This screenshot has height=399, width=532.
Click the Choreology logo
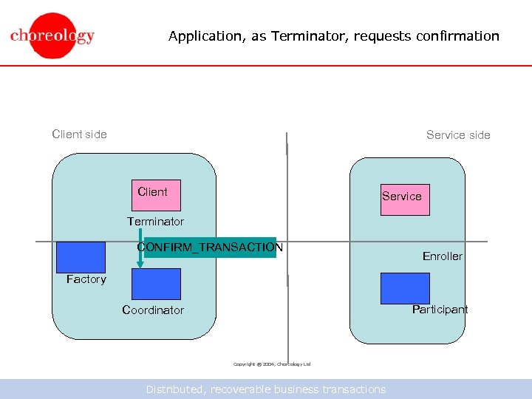(x=52, y=35)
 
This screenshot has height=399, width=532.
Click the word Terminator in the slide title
(x=304, y=36)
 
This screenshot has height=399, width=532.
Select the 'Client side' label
(x=79, y=134)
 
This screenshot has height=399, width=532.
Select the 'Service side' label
(x=458, y=135)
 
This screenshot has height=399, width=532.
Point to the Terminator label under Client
(x=155, y=222)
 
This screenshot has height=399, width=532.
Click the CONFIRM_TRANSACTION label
(x=211, y=248)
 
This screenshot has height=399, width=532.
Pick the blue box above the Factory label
(x=81, y=256)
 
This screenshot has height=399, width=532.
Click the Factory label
(x=86, y=279)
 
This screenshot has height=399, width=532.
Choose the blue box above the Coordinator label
(x=156, y=284)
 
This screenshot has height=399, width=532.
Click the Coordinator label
(x=153, y=310)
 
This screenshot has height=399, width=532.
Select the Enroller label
(x=442, y=256)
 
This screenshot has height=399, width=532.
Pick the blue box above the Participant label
(x=405, y=288)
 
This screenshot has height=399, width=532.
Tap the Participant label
(x=440, y=310)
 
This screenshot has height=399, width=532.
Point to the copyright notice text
(x=272, y=364)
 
